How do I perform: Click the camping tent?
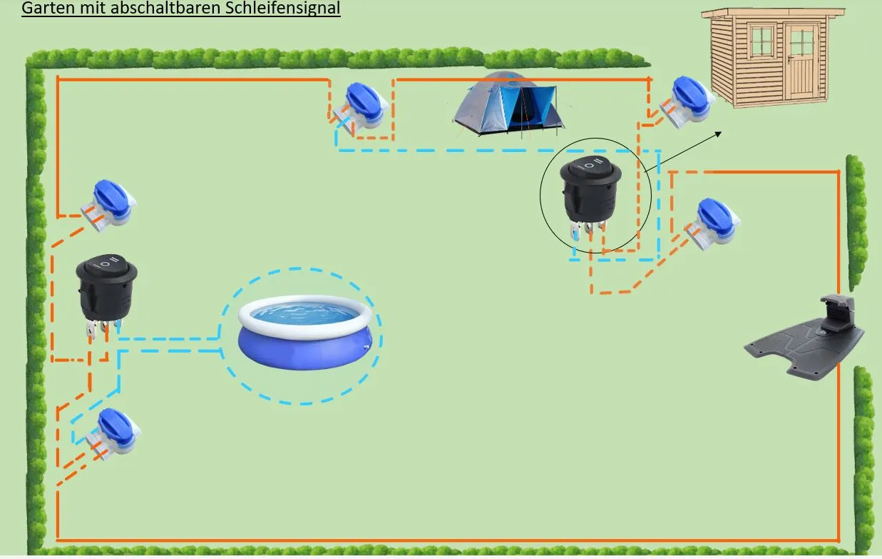coord(508,104)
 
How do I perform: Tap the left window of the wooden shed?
coord(762,41)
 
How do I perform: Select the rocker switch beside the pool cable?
coord(106,293)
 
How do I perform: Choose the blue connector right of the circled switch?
coord(714,223)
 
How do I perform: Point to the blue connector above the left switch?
coord(109,206)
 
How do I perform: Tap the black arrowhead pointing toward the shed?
coord(718,134)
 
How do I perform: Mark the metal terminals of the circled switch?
coord(588,229)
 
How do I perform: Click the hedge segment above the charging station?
coord(857,223)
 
